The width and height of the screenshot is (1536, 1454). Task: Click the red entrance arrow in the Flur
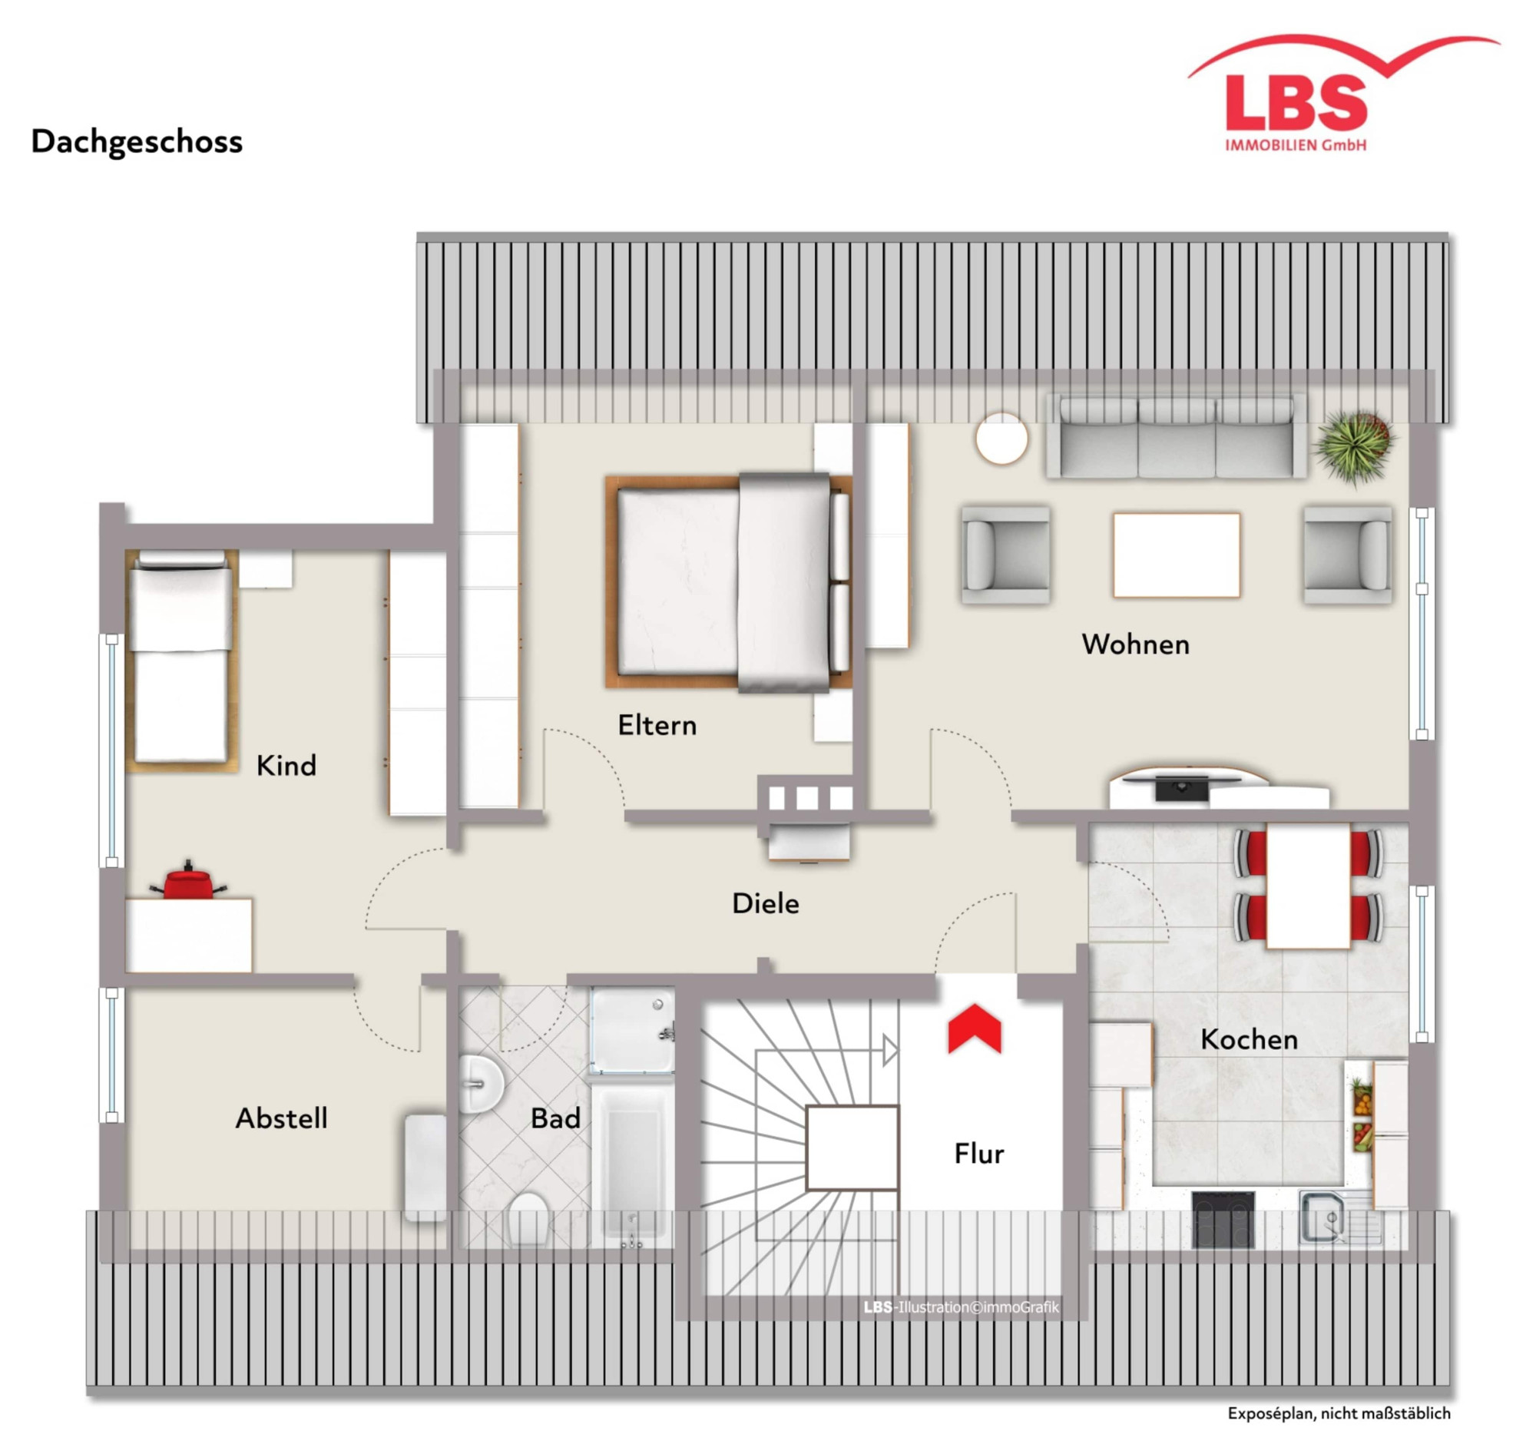[x=974, y=1029]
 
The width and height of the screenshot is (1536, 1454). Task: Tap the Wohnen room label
[x=1135, y=645]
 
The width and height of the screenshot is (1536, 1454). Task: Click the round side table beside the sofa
[x=1002, y=439]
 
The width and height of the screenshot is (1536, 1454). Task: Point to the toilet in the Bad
[x=528, y=1218]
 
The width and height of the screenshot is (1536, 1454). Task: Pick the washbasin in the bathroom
[x=481, y=1084]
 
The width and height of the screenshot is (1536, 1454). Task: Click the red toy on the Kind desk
[x=188, y=881]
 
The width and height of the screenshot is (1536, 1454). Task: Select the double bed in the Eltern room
[x=728, y=582]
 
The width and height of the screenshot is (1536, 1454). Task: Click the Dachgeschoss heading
[x=137, y=142]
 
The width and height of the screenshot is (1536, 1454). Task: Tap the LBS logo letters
[x=1296, y=103]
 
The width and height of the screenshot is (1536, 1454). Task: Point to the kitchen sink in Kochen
[x=1326, y=1217]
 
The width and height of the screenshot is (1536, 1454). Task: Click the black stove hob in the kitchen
[x=1223, y=1218]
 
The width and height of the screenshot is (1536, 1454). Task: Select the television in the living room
[x=1181, y=784]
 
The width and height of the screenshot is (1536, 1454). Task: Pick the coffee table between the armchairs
[x=1177, y=555]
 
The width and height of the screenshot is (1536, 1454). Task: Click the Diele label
[x=766, y=904]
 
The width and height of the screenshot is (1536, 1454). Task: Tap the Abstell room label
[x=281, y=1118]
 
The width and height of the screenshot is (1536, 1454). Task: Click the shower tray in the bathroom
[x=631, y=1030]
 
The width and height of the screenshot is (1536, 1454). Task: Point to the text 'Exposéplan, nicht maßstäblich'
[x=1339, y=1413]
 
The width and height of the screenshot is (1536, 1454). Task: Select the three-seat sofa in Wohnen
[x=1176, y=436]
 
